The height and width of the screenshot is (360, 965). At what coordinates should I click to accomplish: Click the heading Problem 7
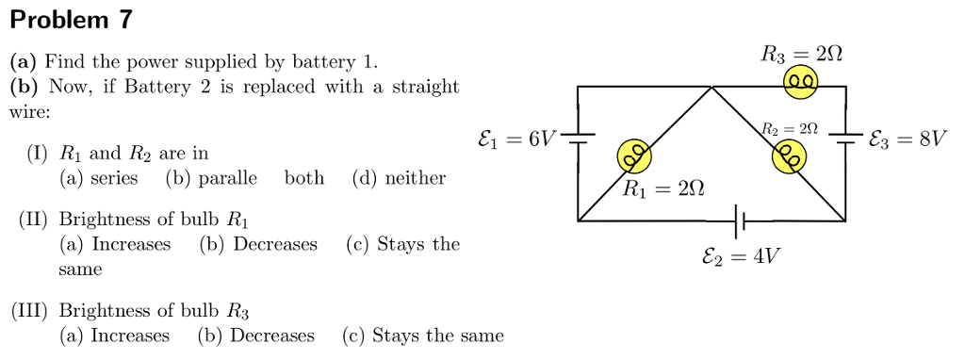point(72,19)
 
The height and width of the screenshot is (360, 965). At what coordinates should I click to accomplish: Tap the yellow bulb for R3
point(801,87)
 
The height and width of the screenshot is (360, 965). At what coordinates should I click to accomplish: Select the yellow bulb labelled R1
point(634,155)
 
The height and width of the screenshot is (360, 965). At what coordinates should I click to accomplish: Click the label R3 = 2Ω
point(801,56)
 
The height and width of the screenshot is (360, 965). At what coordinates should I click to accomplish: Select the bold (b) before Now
point(24,88)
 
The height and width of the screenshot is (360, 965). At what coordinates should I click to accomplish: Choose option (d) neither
point(399,178)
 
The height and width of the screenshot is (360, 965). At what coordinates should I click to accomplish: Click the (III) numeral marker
point(31,310)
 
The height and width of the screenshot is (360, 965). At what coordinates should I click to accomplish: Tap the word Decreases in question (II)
point(275,244)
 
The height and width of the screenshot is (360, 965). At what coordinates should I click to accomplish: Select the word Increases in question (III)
point(130,335)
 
